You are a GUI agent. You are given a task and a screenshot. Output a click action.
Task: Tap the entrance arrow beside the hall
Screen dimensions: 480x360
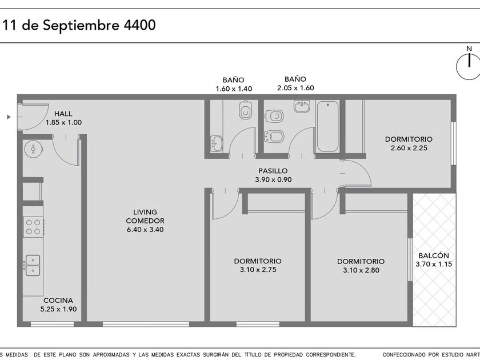tap(9, 117)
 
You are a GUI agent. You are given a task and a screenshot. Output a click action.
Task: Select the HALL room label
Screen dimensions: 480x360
tap(63, 114)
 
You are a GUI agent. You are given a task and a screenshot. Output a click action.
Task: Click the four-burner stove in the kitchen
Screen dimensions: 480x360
tap(33, 227)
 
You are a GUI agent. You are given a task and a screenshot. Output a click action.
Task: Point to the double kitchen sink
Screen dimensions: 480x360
tap(33, 265)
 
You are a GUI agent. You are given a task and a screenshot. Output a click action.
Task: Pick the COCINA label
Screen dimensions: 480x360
tap(58, 301)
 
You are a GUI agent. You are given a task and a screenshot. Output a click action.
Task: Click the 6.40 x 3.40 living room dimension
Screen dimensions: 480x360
tap(145, 230)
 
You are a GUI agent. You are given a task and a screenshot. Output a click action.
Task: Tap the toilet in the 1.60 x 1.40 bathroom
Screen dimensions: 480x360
tap(246, 110)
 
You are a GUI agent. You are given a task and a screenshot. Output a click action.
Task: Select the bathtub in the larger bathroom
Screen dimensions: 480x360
tap(327, 126)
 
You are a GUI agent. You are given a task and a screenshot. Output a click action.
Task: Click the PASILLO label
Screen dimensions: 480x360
tap(273, 171)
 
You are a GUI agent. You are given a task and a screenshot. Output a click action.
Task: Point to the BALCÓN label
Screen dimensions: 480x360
tap(434, 255)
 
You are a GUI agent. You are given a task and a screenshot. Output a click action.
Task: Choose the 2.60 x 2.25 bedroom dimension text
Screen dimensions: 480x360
tap(409, 148)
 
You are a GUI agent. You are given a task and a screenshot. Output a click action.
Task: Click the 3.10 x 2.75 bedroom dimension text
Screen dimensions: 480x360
tap(258, 270)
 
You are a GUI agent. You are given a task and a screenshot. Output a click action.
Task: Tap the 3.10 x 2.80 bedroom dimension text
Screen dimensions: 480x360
tap(361, 270)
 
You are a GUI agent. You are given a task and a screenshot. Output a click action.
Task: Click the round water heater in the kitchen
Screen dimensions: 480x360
tap(33, 149)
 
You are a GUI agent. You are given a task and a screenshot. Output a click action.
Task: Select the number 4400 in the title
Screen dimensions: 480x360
tap(139, 25)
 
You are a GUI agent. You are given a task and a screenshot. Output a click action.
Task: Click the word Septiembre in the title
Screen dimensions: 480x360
tap(81, 25)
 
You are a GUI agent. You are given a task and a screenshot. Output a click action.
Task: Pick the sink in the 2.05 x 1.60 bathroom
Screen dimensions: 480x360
tap(302, 106)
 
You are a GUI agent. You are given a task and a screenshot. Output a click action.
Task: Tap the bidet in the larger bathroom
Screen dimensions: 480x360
tap(274, 137)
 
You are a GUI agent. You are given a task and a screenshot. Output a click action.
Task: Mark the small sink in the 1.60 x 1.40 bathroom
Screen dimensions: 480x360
tap(217, 143)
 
